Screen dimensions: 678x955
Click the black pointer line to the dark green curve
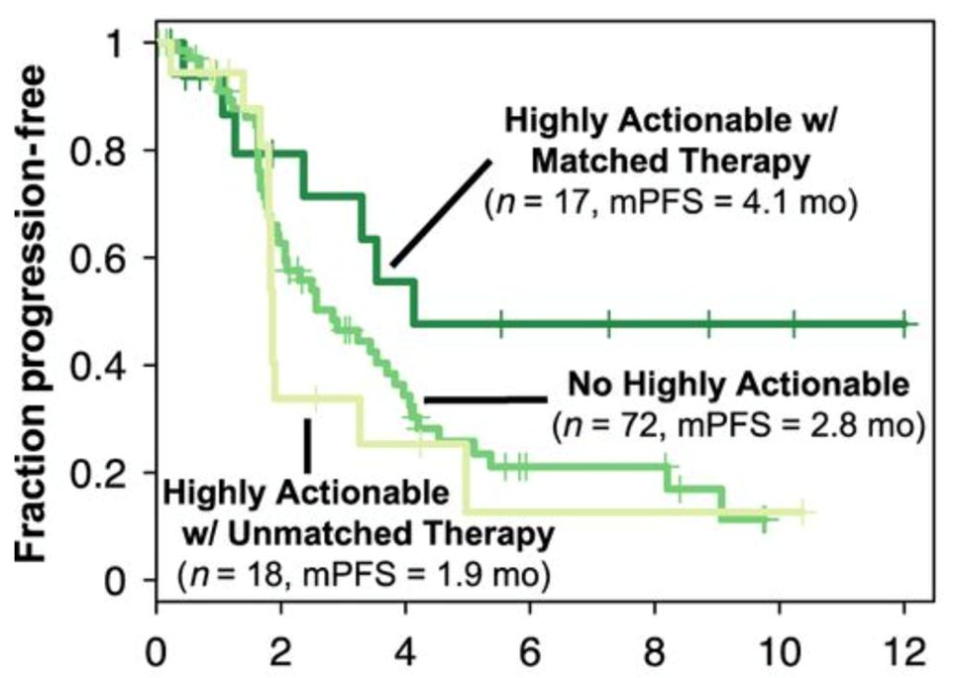[441, 211]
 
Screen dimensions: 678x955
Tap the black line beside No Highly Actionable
[485, 399]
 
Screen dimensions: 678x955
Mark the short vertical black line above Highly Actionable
[308, 445]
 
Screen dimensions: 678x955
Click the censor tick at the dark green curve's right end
[904, 323]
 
